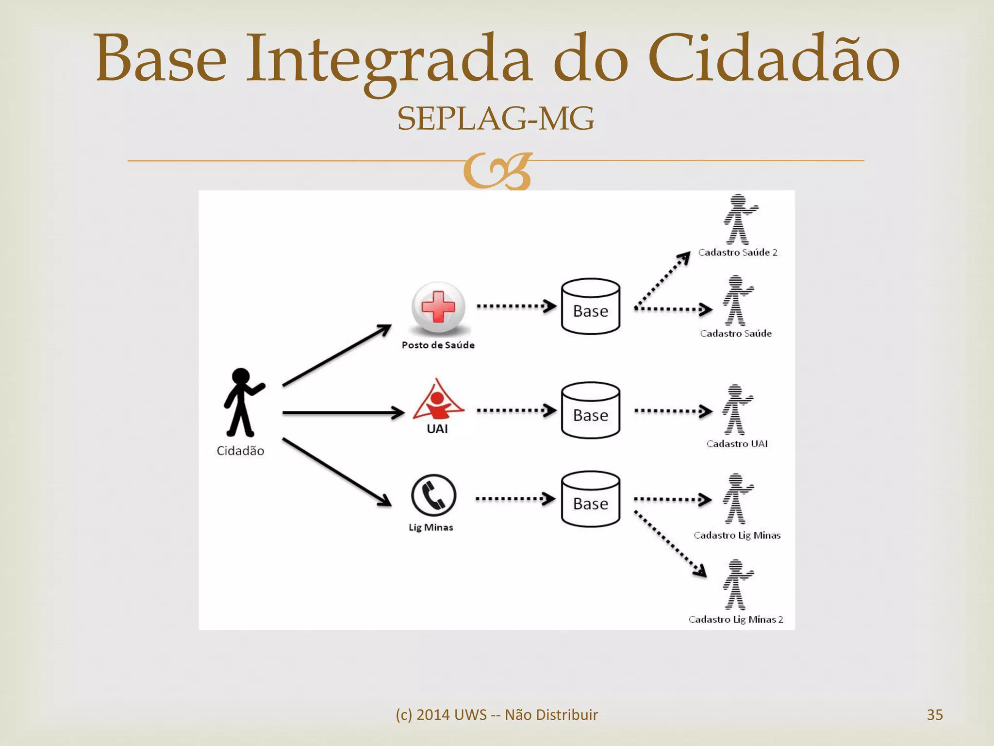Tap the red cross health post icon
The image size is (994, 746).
coord(438,307)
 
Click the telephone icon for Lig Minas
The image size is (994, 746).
coord(433,495)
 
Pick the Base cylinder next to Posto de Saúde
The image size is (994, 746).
coord(590,307)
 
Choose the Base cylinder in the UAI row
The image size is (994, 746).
coord(590,411)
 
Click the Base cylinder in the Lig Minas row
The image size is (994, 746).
coord(590,499)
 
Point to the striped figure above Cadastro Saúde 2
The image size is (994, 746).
coord(739,219)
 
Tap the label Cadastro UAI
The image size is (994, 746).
coord(737,443)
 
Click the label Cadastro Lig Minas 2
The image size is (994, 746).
coord(736,619)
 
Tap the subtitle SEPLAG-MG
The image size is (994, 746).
coord(496,119)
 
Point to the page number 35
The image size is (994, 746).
coord(934,715)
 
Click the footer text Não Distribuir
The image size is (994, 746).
coord(551,715)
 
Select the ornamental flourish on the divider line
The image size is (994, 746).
coord(497,171)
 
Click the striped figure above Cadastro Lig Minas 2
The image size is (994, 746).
coord(737,585)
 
